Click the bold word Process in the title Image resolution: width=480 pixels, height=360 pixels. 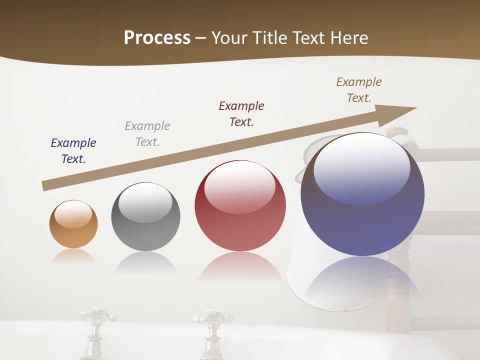click(x=157, y=38)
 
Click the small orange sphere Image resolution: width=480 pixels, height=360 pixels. click(x=73, y=224)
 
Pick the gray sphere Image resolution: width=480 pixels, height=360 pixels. click(x=145, y=216)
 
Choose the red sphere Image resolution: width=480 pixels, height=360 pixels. click(x=240, y=205)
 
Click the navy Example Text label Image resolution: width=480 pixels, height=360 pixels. click(x=73, y=151)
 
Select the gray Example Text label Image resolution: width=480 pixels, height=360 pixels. click(x=147, y=134)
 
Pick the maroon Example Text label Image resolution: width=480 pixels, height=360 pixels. click(x=241, y=113)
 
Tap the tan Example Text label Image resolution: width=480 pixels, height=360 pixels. click(x=359, y=90)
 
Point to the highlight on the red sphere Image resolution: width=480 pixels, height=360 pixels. click(x=239, y=186)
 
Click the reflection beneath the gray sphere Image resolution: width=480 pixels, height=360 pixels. click(x=145, y=263)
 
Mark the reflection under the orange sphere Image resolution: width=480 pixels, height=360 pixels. click(x=73, y=256)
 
